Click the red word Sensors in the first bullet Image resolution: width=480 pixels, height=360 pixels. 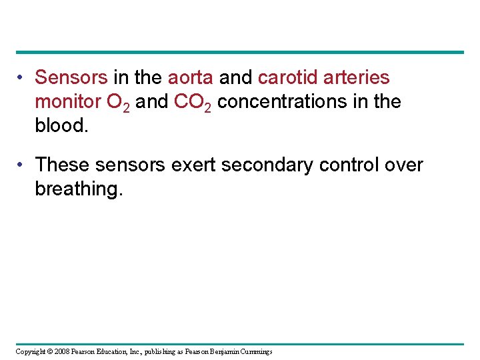[71, 78]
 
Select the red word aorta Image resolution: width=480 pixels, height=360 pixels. [190, 78]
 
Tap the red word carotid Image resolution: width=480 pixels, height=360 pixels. [287, 78]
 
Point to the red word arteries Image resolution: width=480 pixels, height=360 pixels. [356, 78]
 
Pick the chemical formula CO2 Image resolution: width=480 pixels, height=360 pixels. [193, 103]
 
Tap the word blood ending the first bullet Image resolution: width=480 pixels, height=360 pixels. [59, 126]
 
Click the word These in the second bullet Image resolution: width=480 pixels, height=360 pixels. [62, 165]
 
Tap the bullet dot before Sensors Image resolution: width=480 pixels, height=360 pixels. [23, 79]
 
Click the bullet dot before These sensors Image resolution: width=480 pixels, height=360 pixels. [23, 165]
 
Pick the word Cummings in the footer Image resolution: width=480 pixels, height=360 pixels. [254, 351]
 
